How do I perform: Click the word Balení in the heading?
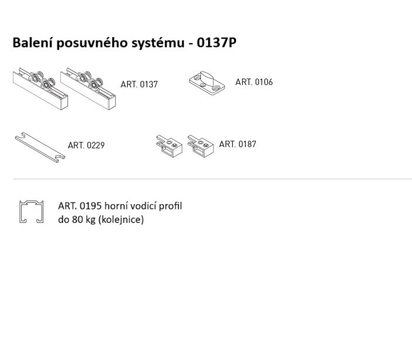pyautogui.click(x=33, y=42)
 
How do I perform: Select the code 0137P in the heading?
pyautogui.click(x=216, y=42)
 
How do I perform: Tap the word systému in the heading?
pyautogui.click(x=158, y=43)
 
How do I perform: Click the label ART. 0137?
pyautogui.click(x=139, y=84)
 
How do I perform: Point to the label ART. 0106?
pyautogui.click(x=254, y=81)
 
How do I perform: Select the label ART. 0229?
pyautogui.click(x=86, y=145)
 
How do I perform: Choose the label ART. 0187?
pyautogui.click(x=237, y=144)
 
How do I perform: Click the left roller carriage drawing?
pyautogui.click(x=40, y=89)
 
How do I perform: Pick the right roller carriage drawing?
pyautogui.click(x=88, y=89)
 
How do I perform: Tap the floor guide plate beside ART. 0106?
pyautogui.click(x=207, y=83)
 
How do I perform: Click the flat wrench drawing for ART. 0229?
pyautogui.click(x=40, y=147)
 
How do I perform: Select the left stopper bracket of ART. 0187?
pyautogui.click(x=169, y=146)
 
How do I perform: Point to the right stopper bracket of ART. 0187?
pyautogui.click(x=200, y=146)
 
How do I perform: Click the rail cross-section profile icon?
pyautogui.click(x=21, y=212)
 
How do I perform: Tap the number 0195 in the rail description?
pyautogui.click(x=90, y=206)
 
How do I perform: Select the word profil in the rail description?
pyautogui.click(x=171, y=206)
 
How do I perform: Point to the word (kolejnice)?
pyautogui.click(x=121, y=219)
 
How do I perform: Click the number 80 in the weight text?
pyautogui.click(x=77, y=219)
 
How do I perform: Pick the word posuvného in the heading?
pyautogui.click(x=92, y=43)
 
